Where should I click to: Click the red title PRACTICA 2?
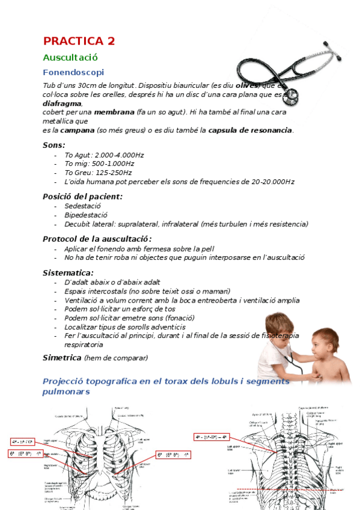(x=79, y=41)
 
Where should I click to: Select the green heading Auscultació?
(x=70, y=58)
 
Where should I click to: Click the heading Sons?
(x=54, y=145)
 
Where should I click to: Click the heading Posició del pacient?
(x=82, y=196)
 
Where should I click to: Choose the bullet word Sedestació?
(x=83, y=206)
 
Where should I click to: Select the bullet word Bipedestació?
(x=86, y=215)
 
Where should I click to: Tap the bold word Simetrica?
(x=62, y=357)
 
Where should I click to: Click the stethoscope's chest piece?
(x=291, y=96)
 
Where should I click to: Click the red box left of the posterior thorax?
(x=212, y=437)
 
